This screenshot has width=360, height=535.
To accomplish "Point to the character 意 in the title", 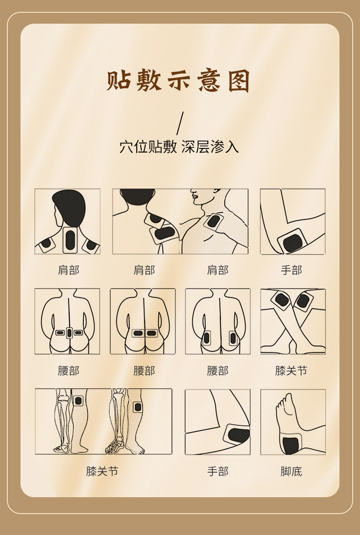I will [x=209, y=81].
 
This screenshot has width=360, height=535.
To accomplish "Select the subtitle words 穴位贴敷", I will [x=148, y=147].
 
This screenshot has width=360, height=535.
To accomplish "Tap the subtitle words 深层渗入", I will [x=210, y=147].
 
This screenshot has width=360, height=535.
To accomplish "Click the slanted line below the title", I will [x=180, y=123].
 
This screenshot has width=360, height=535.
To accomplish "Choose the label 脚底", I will [x=292, y=471].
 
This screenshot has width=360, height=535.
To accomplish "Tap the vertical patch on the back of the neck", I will [x=70, y=239].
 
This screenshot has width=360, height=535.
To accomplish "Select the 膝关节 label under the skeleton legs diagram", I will [x=102, y=471].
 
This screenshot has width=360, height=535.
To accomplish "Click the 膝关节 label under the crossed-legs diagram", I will [x=292, y=371].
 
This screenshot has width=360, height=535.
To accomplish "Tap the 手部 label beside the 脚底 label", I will [x=218, y=471].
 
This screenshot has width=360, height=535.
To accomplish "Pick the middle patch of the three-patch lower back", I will [x=69, y=333].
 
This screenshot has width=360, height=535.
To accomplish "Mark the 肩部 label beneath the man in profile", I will [x=218, y=270].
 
